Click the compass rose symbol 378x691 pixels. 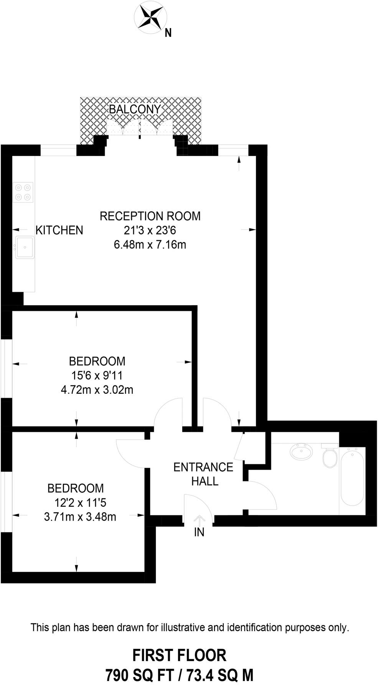pyautogui.click(x=150, y=17)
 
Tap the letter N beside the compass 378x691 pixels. pyautogui.click(x=168, y=33)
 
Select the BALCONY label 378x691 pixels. pyautogui.click(x=134, y=109)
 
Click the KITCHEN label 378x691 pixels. pyautogui.click(x=59, y=230)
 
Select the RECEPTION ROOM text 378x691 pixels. pyautogui.click(x=150, y=216)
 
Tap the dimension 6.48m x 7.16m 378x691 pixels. pyautogui.click(x=150, y=245)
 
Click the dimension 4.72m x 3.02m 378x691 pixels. pyautogui.click(x=97, y=390)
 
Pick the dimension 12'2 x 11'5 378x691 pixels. pyautogui.click(x=80, y=503)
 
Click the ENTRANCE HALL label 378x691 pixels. pyautogui.click(x=204, y=474)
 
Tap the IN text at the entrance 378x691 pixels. pyautogui.click(x=199, y=532)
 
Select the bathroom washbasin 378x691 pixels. pyautogui.click(x=302, y=451)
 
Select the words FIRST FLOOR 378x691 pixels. pyautogui.click(x=179, y=655)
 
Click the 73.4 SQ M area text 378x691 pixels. pyautogui.click(x=220, y=675)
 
